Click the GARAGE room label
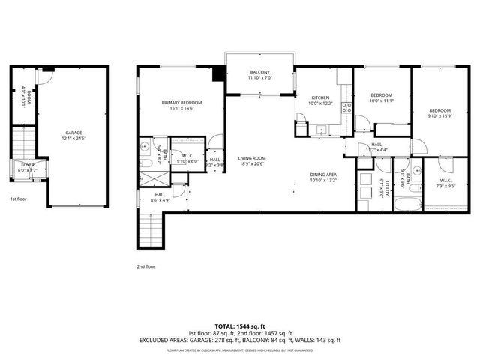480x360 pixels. pos(73,133)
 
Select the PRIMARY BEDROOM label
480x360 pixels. pos(182,102)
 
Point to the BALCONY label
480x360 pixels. pos(259,73)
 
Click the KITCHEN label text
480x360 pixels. pos(322,97)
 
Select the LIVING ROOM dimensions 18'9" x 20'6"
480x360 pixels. pos(253,163)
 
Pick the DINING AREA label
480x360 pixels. pos(324,175)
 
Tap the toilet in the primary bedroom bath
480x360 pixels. pos(146,162)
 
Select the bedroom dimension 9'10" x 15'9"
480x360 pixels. pos(439,115)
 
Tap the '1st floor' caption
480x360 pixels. pos(19,199)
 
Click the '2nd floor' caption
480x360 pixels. pos(146,265)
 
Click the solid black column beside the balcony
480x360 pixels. pos(219,74)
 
